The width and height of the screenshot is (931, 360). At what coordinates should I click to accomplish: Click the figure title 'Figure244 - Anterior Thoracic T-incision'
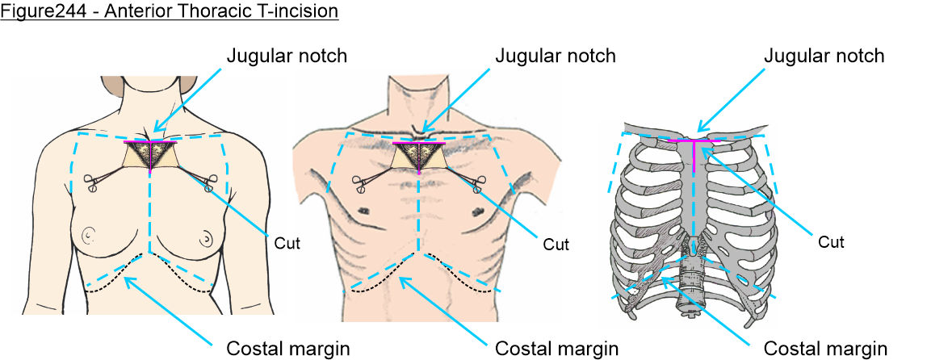(169, 11)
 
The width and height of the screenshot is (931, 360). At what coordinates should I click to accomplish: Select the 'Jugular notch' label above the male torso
(555, 56)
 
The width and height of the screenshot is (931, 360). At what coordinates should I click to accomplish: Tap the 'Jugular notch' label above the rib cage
(824, 56)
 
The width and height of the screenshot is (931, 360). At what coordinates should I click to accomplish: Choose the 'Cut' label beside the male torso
(555, 244)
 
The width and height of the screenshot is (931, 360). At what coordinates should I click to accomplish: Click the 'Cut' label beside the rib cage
(831, 241)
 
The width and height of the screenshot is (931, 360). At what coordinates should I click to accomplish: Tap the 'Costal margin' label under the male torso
(556, 349)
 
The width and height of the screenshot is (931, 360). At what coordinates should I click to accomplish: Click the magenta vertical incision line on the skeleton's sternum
(694, 157)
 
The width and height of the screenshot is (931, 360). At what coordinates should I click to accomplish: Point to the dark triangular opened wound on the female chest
(150, 154)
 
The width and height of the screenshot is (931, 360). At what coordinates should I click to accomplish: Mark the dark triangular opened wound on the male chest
(417, 154)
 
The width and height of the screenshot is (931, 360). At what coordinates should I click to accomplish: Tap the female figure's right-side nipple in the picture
(207, 237)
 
